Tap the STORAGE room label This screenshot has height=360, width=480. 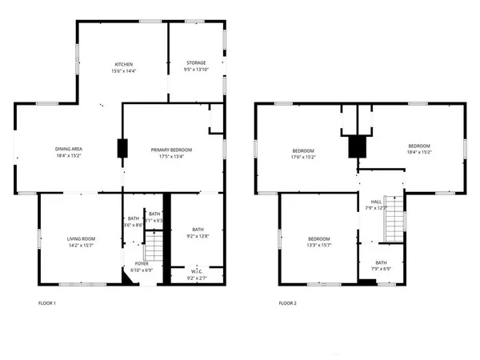196,62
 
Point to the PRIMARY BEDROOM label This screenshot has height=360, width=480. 172,150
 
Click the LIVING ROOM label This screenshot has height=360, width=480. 81,238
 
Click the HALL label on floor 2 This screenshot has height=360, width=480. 376,202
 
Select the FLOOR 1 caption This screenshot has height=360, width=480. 47,303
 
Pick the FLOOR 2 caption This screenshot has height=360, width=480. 287,303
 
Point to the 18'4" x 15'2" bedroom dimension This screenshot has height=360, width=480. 419,152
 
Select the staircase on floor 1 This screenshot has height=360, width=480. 157,240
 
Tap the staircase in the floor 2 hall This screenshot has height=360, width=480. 392,220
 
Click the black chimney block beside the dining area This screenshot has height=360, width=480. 122,149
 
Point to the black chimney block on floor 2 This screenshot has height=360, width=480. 356,147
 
